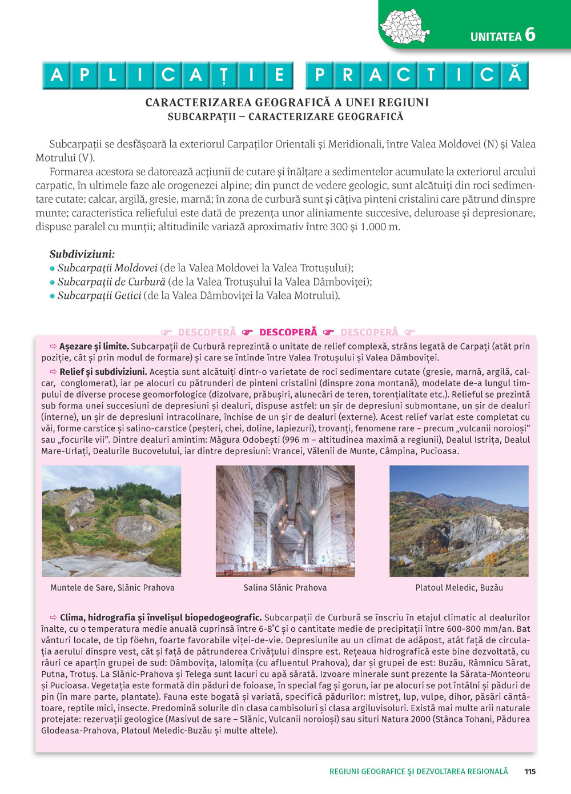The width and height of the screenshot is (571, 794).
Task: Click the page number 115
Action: (x=530, y=771)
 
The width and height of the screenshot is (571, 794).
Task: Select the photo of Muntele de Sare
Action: (x=112, y=520)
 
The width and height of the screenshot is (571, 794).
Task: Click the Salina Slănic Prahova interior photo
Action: (x=285, y=520)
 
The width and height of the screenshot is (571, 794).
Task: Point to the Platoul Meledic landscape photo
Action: (x=459, y=520)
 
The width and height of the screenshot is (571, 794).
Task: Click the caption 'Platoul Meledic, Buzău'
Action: (x=459, y=587)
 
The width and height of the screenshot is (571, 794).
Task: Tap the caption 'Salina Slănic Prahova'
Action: (x=285, y=587)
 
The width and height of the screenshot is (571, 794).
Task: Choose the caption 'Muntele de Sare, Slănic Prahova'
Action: (x=112, y=587)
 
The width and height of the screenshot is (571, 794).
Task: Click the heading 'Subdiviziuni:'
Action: (x=82, y=254)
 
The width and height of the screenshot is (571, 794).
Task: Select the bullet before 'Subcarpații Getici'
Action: (x=53, y=296)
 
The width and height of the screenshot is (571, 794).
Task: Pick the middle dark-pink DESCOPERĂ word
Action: (x=288, y=332)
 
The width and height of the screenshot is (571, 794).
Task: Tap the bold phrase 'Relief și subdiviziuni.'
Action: (x=103, y=372)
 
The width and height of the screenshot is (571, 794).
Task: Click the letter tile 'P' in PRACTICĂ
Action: (x=320, y=75)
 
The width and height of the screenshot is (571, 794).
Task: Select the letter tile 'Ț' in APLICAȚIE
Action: (x=223, y=75)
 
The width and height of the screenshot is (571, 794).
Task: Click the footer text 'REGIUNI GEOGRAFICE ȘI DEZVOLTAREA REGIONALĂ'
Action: (x=419, y=771)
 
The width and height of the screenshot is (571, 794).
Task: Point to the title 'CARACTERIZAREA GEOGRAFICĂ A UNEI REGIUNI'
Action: (x=287, y=103)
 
